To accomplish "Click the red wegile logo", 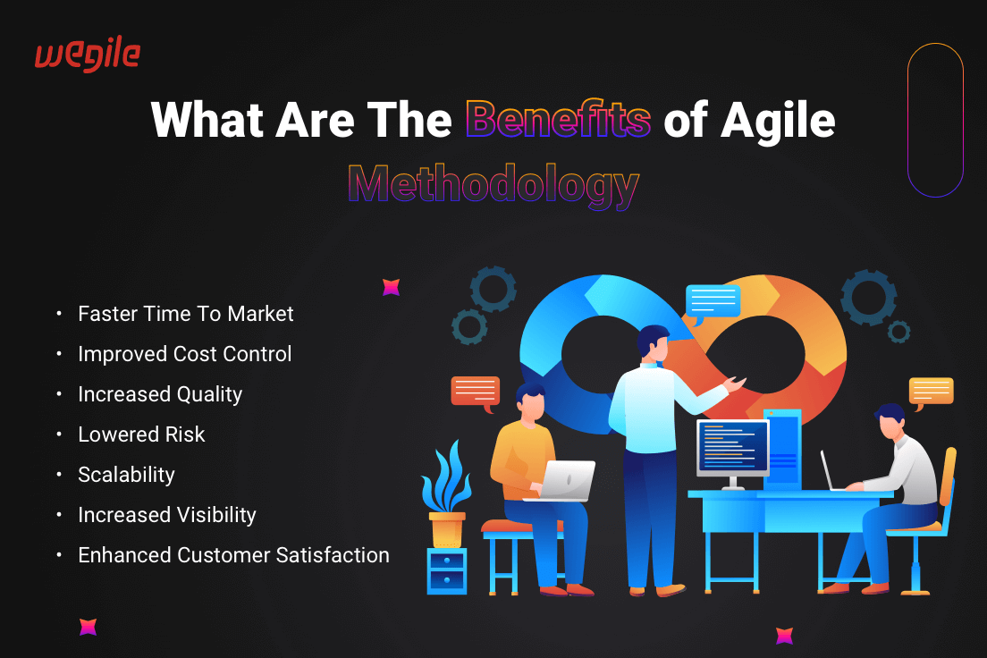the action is click(88, 55).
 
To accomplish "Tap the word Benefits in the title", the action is click(558, 119).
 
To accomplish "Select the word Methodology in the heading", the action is click(493, 184).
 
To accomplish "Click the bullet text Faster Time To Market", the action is click(186, 314).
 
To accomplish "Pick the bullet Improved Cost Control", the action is click(185, 354).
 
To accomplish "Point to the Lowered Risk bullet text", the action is click(141, 434).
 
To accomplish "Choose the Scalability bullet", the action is click(127, 475).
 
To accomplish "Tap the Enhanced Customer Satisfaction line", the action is click(233, 555).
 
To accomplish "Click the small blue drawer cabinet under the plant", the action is click(447, 570).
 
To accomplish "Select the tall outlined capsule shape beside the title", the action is click(935, 120).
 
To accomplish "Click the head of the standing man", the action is click(653, 344).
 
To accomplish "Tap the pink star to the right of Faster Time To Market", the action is click(391, 287).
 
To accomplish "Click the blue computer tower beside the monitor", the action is click(783, 448).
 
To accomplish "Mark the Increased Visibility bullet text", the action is click(167, 515).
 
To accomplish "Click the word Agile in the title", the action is click(778, 121).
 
